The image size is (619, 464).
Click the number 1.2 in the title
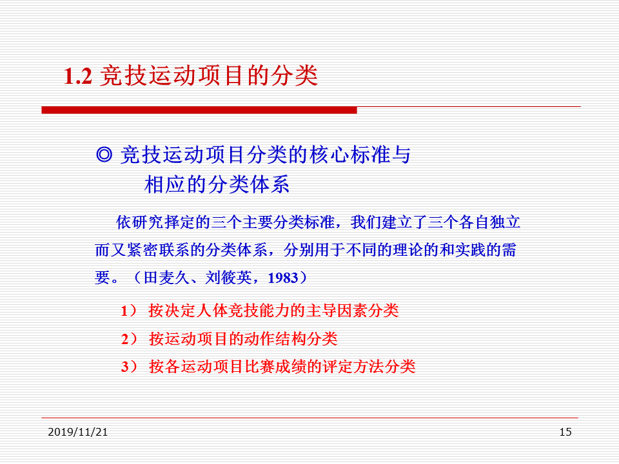coord(78,76)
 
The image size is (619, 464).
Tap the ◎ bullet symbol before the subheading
coord(104,154)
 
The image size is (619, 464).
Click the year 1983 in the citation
coord(283,278)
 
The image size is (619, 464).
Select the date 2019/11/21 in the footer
coord(78,432)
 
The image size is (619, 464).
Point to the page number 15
coord(565,432)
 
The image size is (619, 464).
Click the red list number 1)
coord(129,311)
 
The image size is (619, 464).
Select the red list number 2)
coord(129,339)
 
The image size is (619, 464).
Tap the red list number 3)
coord(129,367)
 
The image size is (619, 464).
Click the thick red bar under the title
coord(199,110)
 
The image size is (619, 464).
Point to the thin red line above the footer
coord(309,418)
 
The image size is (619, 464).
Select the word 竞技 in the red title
coord(124,76)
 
